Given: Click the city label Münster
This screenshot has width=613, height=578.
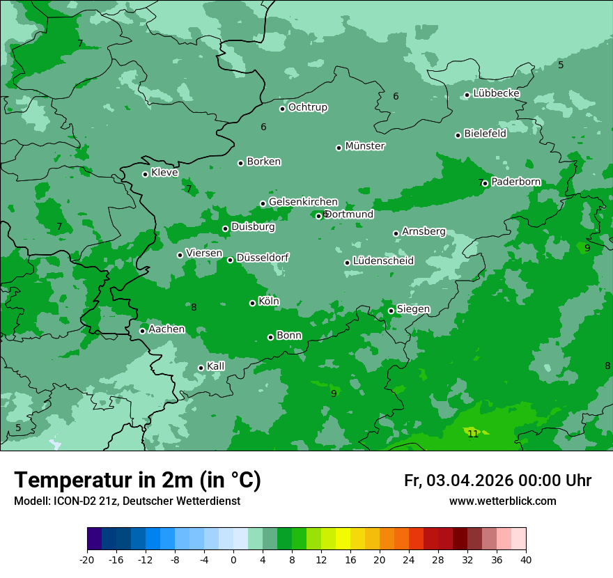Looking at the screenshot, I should pyautogui.click(x=365, y=146).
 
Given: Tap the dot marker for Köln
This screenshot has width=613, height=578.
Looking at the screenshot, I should pyautogui.click(x=252, y=303).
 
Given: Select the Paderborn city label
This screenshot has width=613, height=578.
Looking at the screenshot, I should pyautogui.click(x=515, y=182).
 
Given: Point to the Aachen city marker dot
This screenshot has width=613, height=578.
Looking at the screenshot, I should pyautogui.click(x=142, y=331).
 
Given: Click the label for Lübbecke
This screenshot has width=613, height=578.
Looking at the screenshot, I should pyautogui.click(x=496, y=93).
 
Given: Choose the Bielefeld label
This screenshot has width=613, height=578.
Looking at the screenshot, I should pyautogui.click(x=485, y=134).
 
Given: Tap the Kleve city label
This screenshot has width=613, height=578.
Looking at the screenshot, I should pyautogui.click(x=164, y=173).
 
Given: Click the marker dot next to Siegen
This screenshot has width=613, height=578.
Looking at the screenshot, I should pyautogui.click(x=391, y=311).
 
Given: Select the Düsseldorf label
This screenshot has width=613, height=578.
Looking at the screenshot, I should pyautogui.click(x=263, y=258).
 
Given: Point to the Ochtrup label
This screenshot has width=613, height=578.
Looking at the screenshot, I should pyautogui.click(x=308, y=107).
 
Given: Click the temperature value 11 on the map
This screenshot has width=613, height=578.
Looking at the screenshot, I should pyautogui.click(x=473, y=434).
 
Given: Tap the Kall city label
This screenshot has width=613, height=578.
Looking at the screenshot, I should pyautogui.click(x=216, y=366).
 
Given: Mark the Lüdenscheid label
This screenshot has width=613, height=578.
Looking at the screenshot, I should pyautogui.click(x=383, y=261).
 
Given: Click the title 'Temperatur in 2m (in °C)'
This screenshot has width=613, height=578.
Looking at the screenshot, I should pyautogui.click(x=138, y=480).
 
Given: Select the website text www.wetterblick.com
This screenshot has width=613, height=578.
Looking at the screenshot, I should pyautogui.click(x=502, y=501).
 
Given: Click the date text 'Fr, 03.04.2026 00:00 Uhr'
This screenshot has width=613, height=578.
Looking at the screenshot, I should pyautogui.click(x=497, y=481).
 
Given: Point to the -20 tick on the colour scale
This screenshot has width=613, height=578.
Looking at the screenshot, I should pyautogui.click(x=87, y=560).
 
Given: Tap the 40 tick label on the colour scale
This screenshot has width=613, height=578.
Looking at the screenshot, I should pyautogui.click(x=526, y=560).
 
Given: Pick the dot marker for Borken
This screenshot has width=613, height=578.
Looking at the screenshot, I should pyautogui.click(x=240, y=163).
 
